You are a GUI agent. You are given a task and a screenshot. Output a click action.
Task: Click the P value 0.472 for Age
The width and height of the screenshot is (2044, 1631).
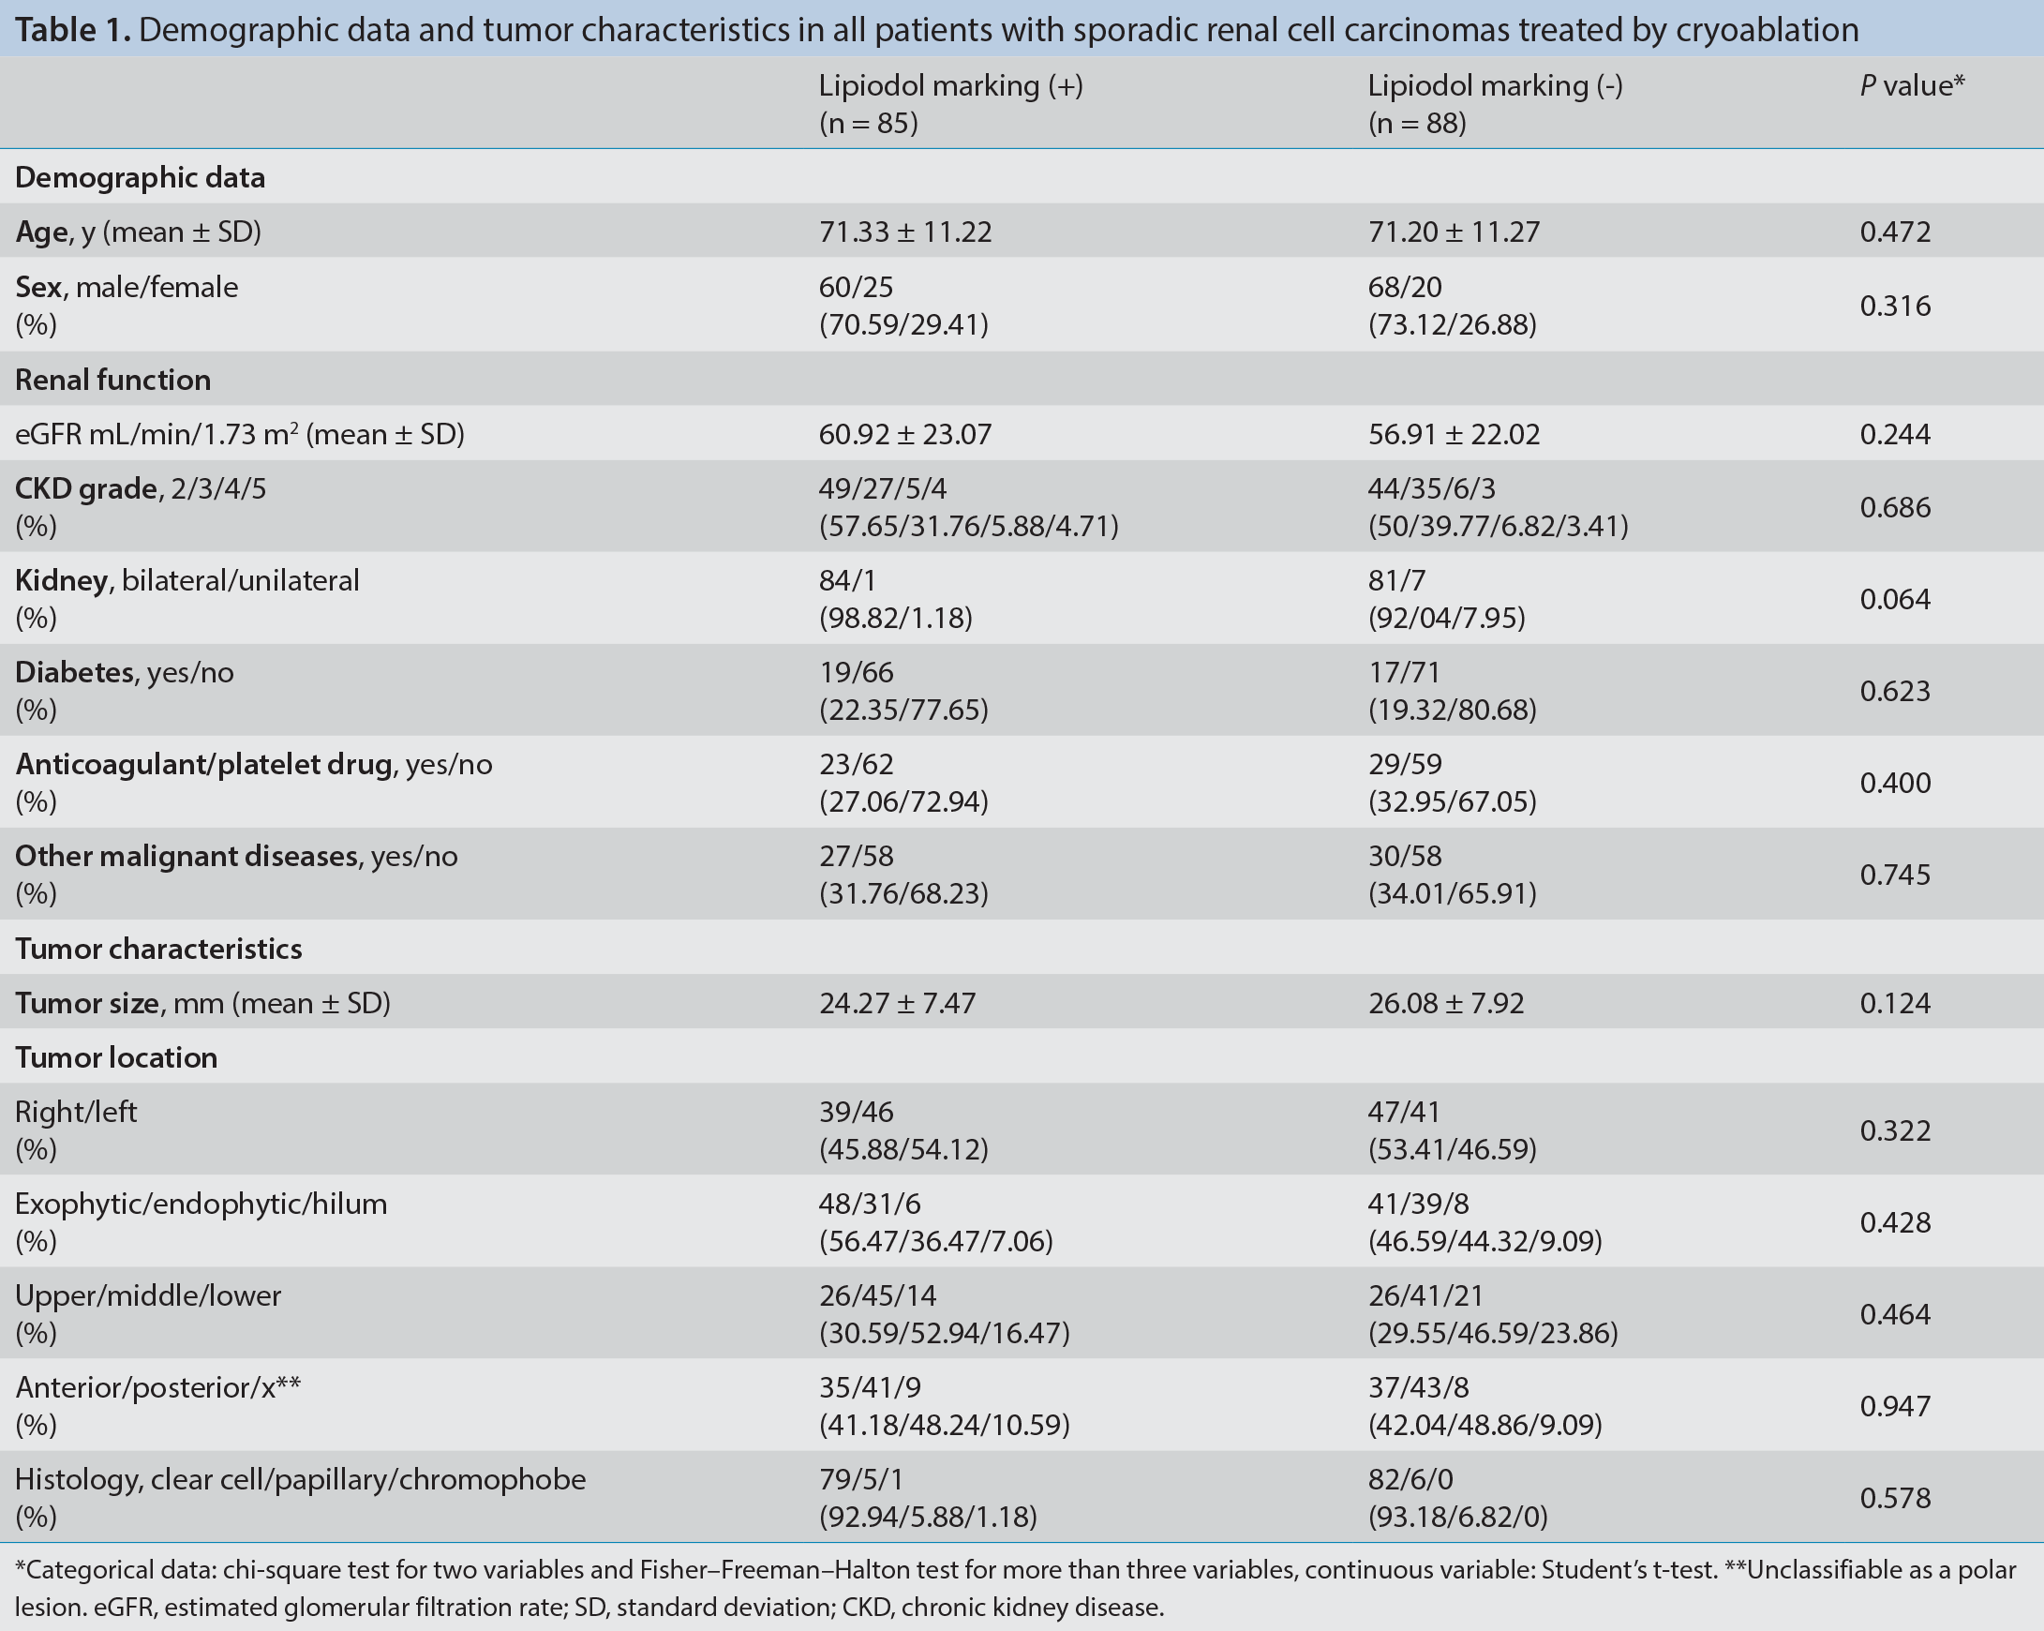[1894, 232]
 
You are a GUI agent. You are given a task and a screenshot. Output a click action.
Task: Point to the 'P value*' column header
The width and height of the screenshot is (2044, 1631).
[1911, 85]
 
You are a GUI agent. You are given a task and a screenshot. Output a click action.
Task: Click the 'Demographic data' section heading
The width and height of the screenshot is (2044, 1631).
[141, 177]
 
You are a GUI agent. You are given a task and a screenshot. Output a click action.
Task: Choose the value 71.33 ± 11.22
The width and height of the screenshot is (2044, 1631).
[905, 232]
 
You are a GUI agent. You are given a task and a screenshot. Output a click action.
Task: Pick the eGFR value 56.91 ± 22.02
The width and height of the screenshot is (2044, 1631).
[1454, 434]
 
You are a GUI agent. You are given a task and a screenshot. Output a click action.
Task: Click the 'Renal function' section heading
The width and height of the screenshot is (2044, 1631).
[112, 380]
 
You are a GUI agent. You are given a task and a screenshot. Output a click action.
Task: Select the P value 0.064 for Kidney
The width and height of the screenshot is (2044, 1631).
[1894, 599]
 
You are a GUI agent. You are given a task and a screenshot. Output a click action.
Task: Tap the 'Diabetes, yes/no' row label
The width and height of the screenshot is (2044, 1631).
[125, 672]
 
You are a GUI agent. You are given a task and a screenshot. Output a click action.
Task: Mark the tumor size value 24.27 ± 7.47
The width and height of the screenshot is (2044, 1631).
[897, 1003]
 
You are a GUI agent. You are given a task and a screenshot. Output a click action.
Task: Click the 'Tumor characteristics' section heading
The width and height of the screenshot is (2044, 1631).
[158, 949]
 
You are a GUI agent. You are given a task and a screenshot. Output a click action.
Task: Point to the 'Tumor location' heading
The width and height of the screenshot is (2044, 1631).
[115, 1057]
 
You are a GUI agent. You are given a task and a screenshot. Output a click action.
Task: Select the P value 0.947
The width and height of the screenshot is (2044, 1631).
[1894, 1405]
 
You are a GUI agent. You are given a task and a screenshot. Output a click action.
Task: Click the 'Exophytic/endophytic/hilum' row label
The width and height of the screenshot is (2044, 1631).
[201, 1205]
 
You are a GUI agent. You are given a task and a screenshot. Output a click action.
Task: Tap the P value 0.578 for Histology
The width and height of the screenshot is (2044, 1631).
[1894, 1497]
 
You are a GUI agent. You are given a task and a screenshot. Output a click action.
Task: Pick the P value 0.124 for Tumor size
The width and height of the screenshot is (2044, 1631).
[1894, 1003]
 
